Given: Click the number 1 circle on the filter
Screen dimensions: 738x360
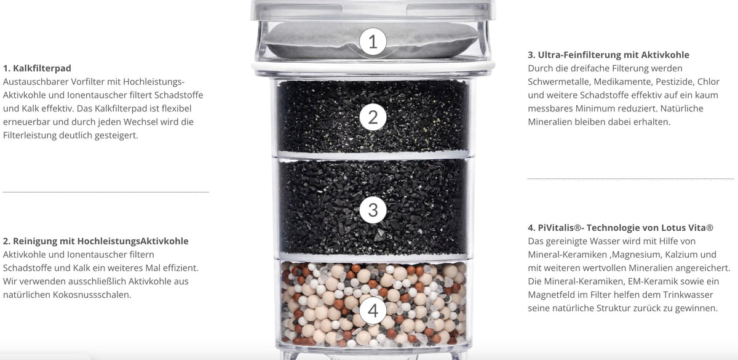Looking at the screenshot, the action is [373, 42].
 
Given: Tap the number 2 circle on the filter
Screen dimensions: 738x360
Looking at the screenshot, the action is [373, 118].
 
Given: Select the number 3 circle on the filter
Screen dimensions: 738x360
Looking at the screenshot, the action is [373, 210].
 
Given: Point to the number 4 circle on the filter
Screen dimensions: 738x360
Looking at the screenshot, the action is [373, 310].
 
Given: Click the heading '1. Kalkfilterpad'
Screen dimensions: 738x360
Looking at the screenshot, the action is [37, 68].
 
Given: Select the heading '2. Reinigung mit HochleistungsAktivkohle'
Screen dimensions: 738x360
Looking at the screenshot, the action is [95, 241].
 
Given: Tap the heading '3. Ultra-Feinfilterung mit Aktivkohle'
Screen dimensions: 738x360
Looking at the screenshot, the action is [608, 55].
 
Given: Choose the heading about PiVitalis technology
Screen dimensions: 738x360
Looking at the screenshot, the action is [621, 228].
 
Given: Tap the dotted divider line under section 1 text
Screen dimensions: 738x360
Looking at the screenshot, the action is [106, 192].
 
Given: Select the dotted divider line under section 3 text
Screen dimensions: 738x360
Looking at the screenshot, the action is [630, 178].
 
